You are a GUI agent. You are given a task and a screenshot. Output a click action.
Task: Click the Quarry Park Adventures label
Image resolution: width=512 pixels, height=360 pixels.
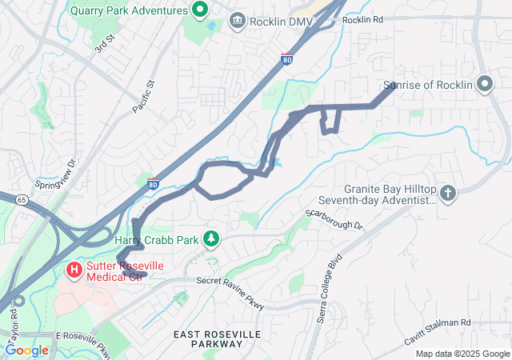pos(127,11)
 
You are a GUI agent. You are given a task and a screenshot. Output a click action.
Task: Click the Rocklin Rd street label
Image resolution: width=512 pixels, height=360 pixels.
pos(362,19)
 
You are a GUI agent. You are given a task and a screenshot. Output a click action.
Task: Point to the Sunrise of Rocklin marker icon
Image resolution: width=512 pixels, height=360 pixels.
pos(484,84)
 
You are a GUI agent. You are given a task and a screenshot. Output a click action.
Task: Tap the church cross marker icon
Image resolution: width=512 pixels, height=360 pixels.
pos(448,192)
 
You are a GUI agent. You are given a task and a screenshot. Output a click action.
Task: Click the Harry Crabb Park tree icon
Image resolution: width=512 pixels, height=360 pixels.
pos(211,238)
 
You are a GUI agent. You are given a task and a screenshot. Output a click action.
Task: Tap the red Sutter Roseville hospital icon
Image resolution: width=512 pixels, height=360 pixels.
pos(74,270)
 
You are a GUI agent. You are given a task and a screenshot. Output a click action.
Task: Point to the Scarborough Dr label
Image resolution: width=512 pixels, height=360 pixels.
pos(334,221)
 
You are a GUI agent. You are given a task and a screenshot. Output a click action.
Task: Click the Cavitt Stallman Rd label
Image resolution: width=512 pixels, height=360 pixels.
pos(443,322)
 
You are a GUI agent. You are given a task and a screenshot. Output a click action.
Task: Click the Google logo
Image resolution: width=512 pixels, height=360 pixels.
pos(26,350)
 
